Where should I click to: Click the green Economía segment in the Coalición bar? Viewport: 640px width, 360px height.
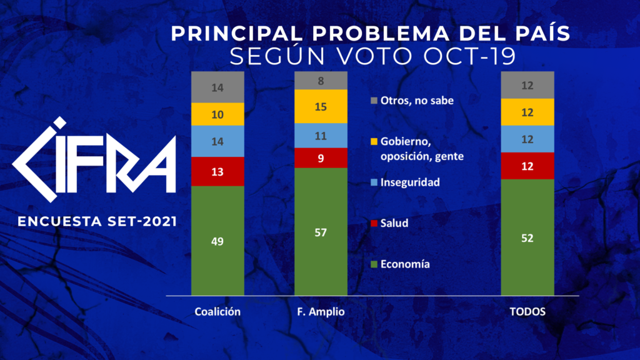[217, 241]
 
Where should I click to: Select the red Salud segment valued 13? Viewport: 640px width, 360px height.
[217, 171]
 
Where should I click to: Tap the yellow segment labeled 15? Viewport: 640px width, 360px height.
[321, 106]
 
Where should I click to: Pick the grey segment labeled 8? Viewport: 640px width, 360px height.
[321, 80]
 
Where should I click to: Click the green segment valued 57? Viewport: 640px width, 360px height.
[321, 232]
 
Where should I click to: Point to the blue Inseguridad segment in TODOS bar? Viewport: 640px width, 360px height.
[527, 139]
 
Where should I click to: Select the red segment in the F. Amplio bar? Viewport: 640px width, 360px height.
[321, 157]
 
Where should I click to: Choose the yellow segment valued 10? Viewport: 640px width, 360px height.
[217, 114]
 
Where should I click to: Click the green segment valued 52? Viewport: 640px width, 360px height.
[527, 237]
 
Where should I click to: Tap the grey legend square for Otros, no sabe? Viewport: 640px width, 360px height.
[374, 101]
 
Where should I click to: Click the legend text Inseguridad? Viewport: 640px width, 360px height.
[410, 182]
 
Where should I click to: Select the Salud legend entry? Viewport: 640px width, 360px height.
[394, 223]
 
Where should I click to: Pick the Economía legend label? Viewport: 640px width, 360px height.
[404, 264]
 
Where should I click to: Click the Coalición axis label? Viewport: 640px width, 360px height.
[217, 312]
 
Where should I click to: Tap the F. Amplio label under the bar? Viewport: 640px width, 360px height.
[321, 312]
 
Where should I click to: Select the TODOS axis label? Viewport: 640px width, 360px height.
[527, 312]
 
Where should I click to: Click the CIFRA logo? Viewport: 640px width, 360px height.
[94, 156]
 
